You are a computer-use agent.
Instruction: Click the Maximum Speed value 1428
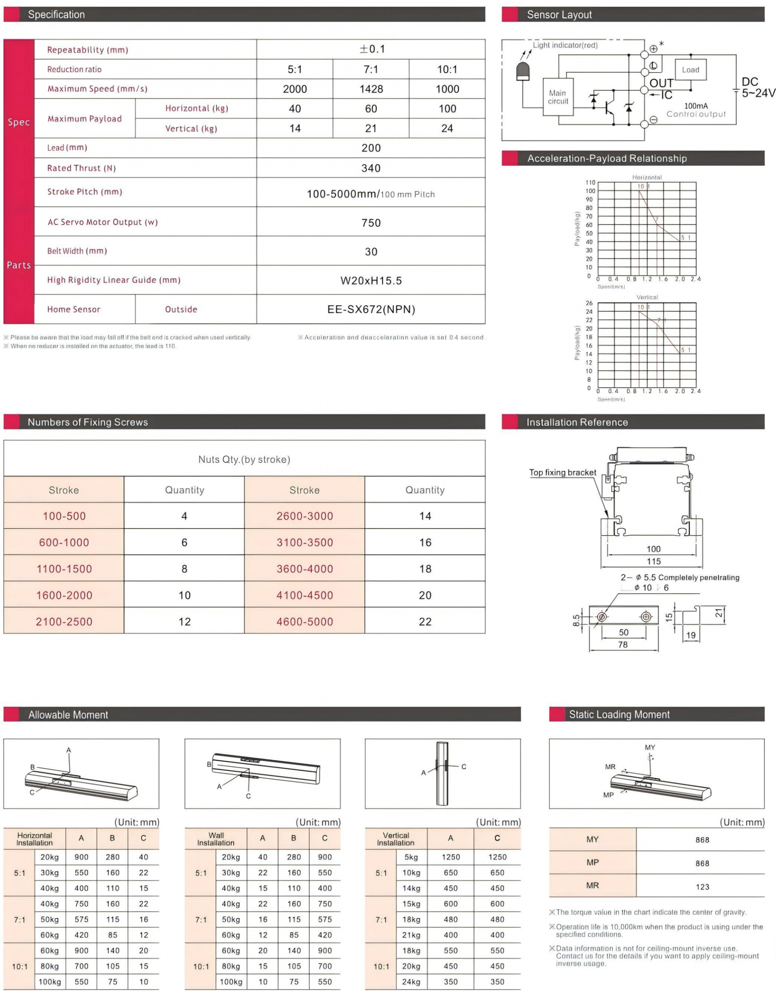pyautogui.click(x=371, y=89)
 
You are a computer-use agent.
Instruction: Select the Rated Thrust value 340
pyautogui.click(x=371, y=168)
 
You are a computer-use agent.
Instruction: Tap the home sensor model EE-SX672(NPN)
pyautogui.click(x=371, y=309)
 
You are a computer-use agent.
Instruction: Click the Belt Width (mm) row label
pyautogui.click(x=77, y=251)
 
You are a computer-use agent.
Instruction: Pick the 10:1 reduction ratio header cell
pyautogui.click(x=447, y=69)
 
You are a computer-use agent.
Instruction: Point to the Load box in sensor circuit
pyautogui.click(x=690, y=70)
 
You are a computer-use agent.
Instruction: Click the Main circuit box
pyautogui.click(x=558, y=97)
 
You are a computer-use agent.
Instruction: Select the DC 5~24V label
pyautogui.click(x=757, y=88)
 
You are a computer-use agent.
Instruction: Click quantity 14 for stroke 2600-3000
pyautogui.click(x=425, y=516)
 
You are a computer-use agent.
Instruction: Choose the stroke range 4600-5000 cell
pyautogui.click(x=305, y=622)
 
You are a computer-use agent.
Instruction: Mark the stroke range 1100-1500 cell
pyautogui.click(x=64, y=569)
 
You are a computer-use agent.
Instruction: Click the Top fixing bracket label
pyautogui.click(x=563, y=473)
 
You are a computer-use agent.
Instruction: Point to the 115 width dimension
pyautogui.click(x=653, y=561)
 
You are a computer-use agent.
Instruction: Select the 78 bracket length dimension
pyautogui.click(x=622, y=644)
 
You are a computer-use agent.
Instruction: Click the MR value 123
pyautogui.click(x=702, y=887)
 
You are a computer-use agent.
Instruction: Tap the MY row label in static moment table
pyautogui.click(x=592, y=839)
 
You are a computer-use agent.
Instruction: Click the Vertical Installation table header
pyautogui.click(x=396, y=839)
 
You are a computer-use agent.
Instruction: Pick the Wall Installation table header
pyautogui.click(x=216, y=839)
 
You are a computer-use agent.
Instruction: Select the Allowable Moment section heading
pyautogui.click(x=68, y=715)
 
